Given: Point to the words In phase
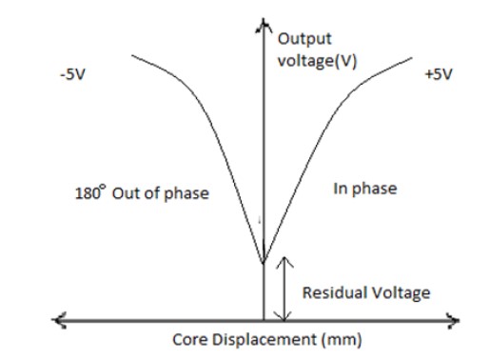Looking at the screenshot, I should click(364, 189).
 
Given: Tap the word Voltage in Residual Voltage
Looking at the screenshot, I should click(398, 292).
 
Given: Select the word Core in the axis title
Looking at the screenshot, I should click(187, 339).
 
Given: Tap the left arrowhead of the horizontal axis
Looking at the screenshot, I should click(58, 318).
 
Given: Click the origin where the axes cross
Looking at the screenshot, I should click(264, 318).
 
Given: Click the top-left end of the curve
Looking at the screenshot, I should click(132, 55).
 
